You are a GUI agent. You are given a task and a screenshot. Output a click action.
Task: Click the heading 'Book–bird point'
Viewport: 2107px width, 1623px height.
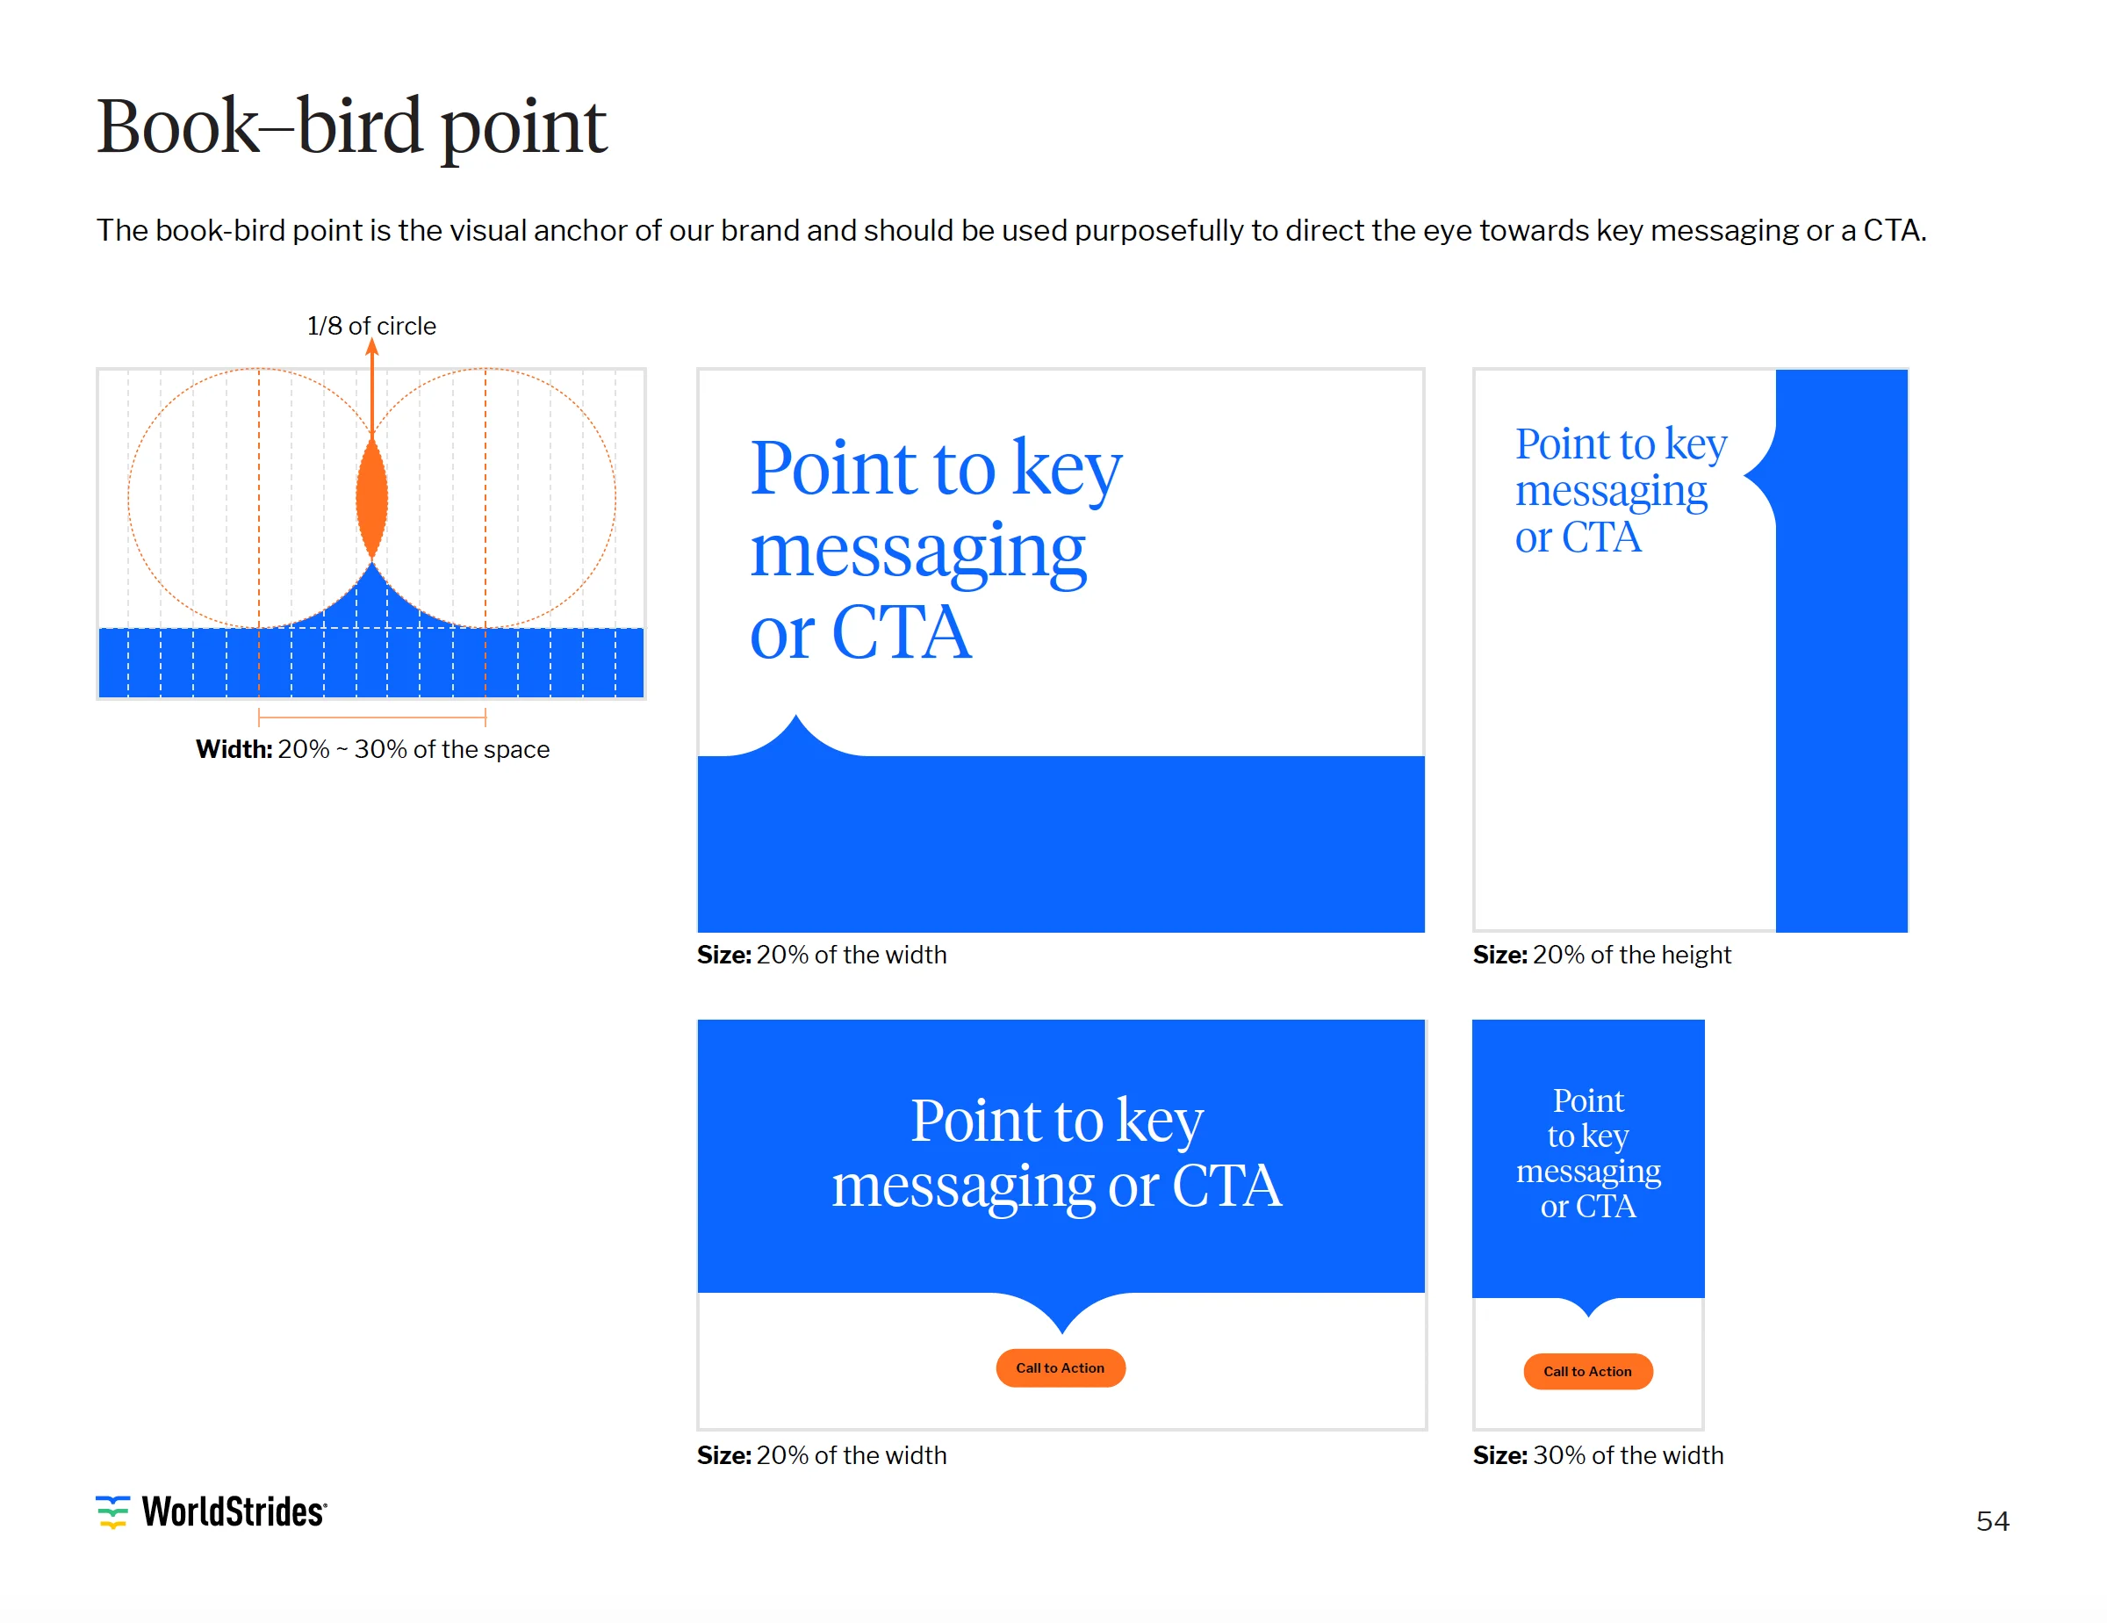(351, 126)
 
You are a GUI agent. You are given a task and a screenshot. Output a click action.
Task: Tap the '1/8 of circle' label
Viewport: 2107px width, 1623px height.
(371, 326)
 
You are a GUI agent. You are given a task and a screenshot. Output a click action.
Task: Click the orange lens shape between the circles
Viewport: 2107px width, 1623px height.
(371, 499)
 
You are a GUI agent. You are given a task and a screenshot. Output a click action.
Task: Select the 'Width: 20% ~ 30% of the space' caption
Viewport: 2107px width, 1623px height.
(372, 750)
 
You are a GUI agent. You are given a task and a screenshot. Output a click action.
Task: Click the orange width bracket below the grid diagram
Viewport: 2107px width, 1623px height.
(371, 718)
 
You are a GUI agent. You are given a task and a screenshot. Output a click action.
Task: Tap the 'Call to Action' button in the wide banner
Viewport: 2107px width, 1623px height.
(1061, 1368)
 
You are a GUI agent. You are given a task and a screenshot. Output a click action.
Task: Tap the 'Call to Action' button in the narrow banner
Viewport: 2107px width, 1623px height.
(1588, 1371)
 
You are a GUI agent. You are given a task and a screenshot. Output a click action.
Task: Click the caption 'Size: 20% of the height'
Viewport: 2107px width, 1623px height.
(1601, 956)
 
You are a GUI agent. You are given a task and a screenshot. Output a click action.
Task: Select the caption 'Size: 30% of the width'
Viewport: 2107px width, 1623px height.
(1598, 1455)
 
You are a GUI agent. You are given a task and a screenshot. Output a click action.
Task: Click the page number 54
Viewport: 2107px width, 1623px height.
(1992, 1522)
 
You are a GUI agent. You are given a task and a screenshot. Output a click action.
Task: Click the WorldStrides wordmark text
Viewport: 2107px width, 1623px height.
(234, 1512)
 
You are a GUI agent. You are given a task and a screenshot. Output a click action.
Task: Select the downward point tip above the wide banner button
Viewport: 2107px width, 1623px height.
(1061, 1334)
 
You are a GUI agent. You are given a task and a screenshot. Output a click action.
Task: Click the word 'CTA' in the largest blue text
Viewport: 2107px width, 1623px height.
(901, 633)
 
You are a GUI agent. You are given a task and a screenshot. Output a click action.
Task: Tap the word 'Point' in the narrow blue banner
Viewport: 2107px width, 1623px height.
(1588, 1101)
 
